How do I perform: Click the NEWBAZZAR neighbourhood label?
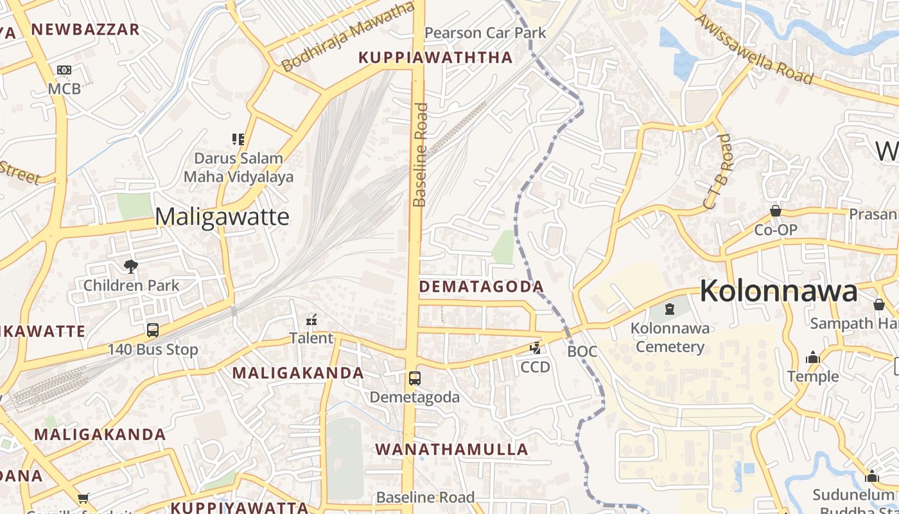click(x=85, y=30)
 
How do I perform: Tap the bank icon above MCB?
click(x=64, y=70)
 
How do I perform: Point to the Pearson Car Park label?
click(x=485, y=33)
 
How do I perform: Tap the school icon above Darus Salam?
click(x=238, y=139)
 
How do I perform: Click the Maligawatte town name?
click(x=222, y=217)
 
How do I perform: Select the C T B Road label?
click(x=718, y=172)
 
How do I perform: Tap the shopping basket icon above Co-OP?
click(x=776, y=211)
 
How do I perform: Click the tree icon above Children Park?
click(x=131, y=266)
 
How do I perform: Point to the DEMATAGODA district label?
click(x=481, y=287)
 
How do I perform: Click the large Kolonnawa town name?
click(x=778, y=291)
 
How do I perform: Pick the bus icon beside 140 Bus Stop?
click(x=153, y=330)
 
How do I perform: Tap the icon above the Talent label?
click(x=312, y=319)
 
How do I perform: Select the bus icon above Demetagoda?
click(x=415, y=378)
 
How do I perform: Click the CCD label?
click(x=535, y=367)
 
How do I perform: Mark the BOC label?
click(x=582, y=351)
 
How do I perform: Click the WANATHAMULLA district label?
click(x=451, y=449)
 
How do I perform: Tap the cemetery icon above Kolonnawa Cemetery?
click(x=670, y=309)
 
